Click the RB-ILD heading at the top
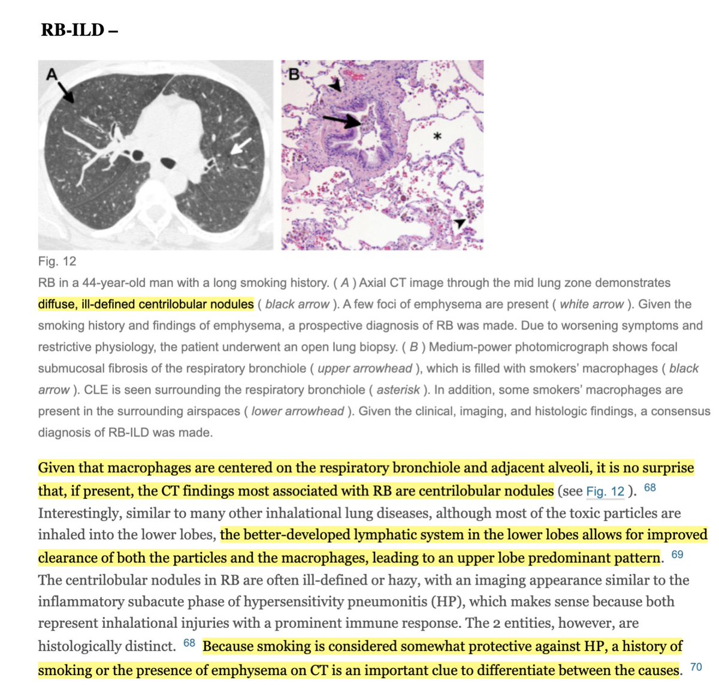(x=78, y=29)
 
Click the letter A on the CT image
(x=52, y=74)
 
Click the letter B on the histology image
(x=294, y=74)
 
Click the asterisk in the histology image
(x=437, y=137)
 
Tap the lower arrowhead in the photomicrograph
(x=459, y=223)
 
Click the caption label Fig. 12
(x=57, y=261)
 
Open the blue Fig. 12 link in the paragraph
(x=605, y=492)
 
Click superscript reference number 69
(x=677, y=554)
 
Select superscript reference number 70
(x=696, y=667)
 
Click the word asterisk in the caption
(x=398, y=390)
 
